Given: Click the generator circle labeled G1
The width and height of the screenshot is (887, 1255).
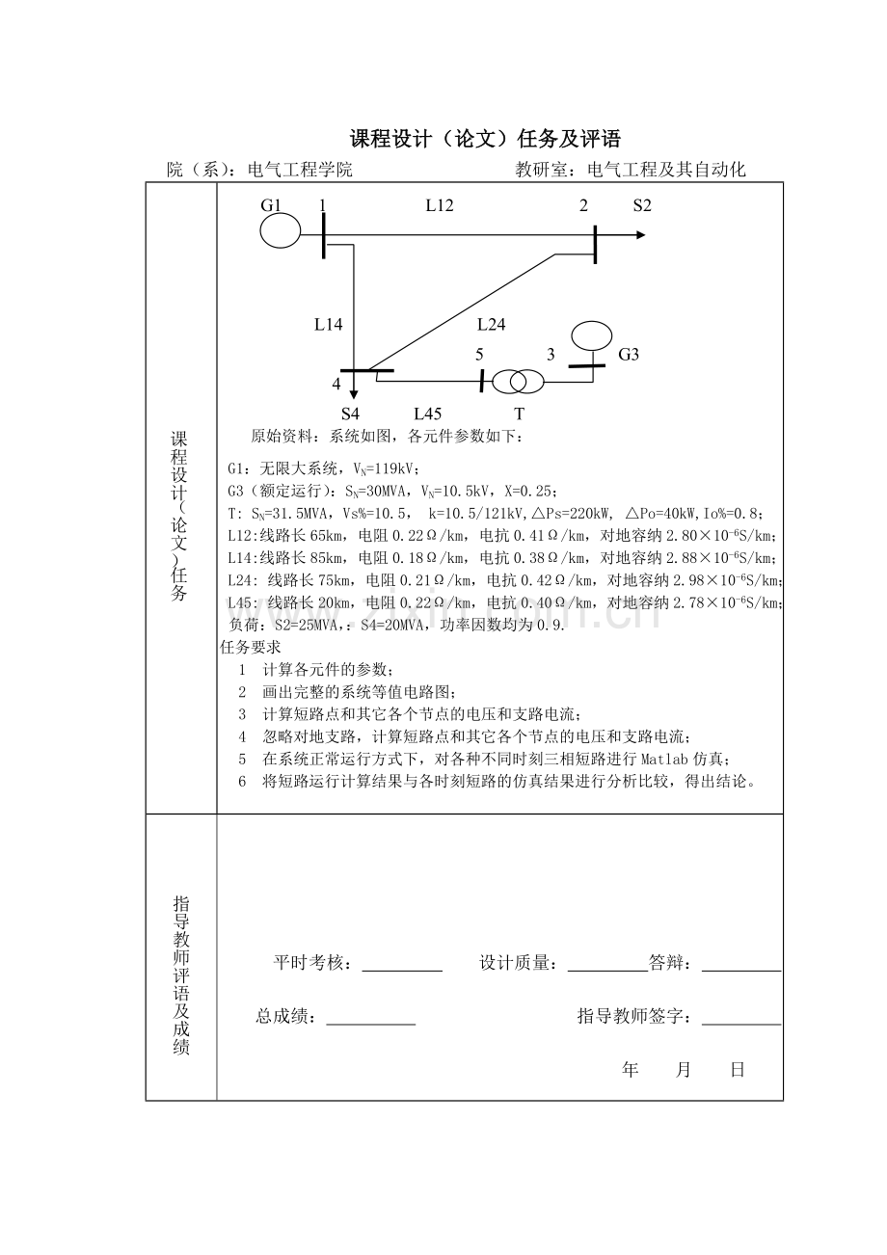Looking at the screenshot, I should click(x=280, y=231).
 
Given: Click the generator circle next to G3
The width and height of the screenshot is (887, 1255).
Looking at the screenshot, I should click(x=591, y=336).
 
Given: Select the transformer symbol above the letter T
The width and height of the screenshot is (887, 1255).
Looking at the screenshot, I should click(x=518, y=382).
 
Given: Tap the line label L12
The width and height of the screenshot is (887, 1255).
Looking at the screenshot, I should click(x=440, y=204).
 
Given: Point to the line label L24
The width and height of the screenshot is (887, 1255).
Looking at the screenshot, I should click(x=491, y=325).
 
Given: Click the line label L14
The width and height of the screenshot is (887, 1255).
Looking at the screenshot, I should click(x=328, y=325).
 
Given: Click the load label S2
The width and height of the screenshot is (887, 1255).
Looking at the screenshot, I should click(x=642, y=204).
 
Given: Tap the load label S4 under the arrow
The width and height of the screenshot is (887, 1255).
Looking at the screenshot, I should click(x=350, y=414).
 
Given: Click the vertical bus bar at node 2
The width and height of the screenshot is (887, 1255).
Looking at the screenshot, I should click(x=595, y=243).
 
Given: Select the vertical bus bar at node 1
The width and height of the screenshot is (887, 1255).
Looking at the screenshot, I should click(x=324, y=234).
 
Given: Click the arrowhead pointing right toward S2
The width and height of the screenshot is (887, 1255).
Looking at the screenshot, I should click(x=640, y=234).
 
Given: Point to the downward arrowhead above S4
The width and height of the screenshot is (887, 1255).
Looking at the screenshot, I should click(x=354, y=391).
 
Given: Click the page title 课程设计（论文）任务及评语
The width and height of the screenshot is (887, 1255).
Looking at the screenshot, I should click(x=485, y=139).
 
